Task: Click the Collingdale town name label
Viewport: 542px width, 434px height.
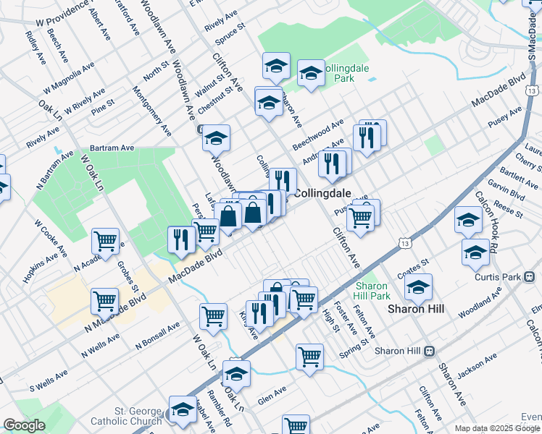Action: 322,193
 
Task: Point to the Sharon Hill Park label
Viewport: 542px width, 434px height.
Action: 372,291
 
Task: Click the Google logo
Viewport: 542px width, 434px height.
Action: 24,425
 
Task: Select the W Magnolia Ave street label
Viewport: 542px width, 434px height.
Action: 69,77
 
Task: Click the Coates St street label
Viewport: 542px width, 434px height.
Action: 414,267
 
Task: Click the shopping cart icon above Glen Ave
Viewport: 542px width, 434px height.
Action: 309,356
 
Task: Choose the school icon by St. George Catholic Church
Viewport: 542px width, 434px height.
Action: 183,409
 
